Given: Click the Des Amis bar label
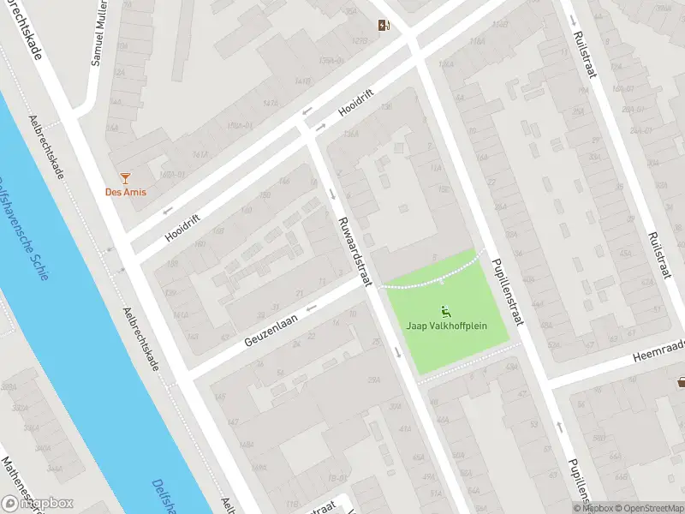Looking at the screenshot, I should point(126,192).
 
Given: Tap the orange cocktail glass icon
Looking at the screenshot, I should point(126,177).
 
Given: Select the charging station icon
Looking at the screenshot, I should point(383,25).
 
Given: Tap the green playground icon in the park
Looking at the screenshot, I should point(444,311).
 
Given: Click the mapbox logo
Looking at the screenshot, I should point(37,504).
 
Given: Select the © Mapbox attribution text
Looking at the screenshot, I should point(591,508).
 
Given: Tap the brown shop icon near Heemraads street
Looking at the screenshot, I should point(682,382).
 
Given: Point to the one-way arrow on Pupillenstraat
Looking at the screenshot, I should point(559,426).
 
